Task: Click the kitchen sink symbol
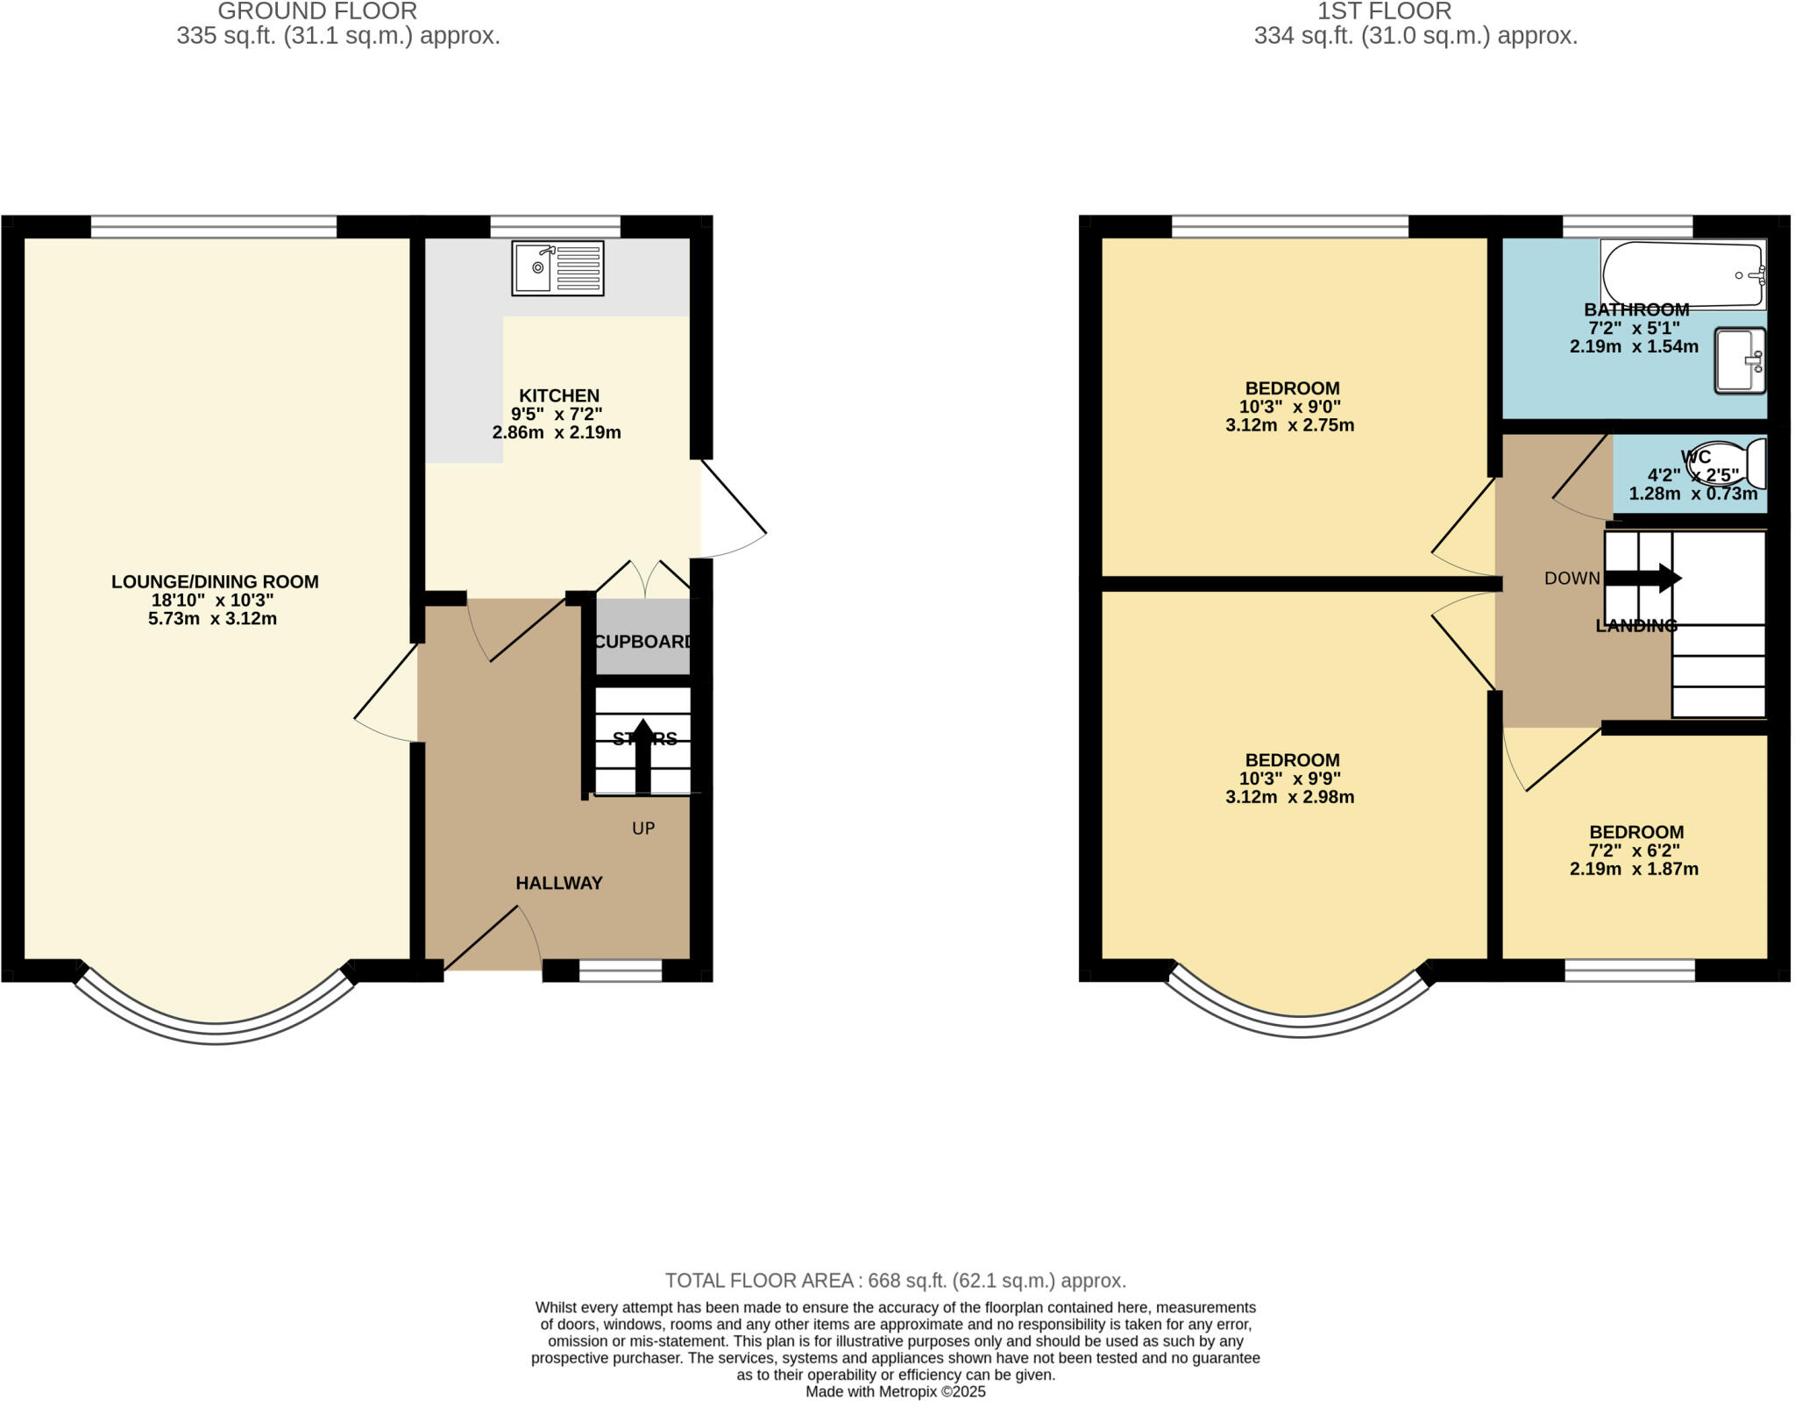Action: click(557, 267)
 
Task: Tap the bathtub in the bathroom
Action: click(1682, 274)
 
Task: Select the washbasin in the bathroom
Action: click(1740, 360)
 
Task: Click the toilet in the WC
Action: click(1727, 463)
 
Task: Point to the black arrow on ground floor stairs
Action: click(642, 756)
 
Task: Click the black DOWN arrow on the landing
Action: click(1642, 579)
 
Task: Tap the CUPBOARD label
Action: click(643, 642)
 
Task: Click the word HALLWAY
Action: click(558, 883)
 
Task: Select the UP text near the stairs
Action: click(643, 829)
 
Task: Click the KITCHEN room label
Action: click(558, 395)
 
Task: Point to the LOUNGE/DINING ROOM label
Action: click(215, 581)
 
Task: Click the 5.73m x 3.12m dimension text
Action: click(213, 619)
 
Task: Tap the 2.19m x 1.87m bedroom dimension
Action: click(1634, 870)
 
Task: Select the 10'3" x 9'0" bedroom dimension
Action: click(1289, 407)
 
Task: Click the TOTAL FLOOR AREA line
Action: click(895, 1280)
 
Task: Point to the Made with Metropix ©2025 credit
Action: click(895, 1391)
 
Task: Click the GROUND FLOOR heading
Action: click(317, 11)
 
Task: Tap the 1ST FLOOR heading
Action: click(1384, 11)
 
